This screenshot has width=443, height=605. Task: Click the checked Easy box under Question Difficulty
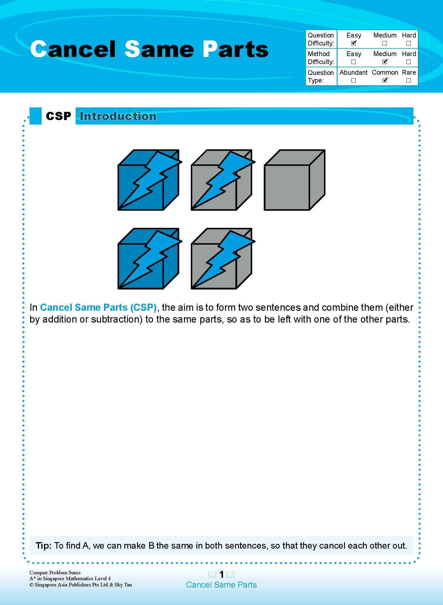(354, 43)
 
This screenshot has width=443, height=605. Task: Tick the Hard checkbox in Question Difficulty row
(408, 43)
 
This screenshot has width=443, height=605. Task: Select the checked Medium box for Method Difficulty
(385, 62)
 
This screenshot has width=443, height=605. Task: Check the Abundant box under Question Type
(354, 80)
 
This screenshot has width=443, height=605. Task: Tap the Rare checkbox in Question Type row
(408, 80)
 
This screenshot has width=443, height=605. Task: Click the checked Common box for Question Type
(385, 80)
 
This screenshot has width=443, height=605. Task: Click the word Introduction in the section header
(118, 116)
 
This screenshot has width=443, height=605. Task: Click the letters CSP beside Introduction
(58, 116)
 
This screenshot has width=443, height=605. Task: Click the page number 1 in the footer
(221, 574)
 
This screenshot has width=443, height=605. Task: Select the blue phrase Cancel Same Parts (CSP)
(98, 308)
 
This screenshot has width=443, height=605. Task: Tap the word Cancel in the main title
(72, 49)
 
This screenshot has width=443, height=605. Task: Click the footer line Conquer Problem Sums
(55, 572)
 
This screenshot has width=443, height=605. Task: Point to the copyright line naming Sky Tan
(81, 585)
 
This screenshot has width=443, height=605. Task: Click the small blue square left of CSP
(35, 116)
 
